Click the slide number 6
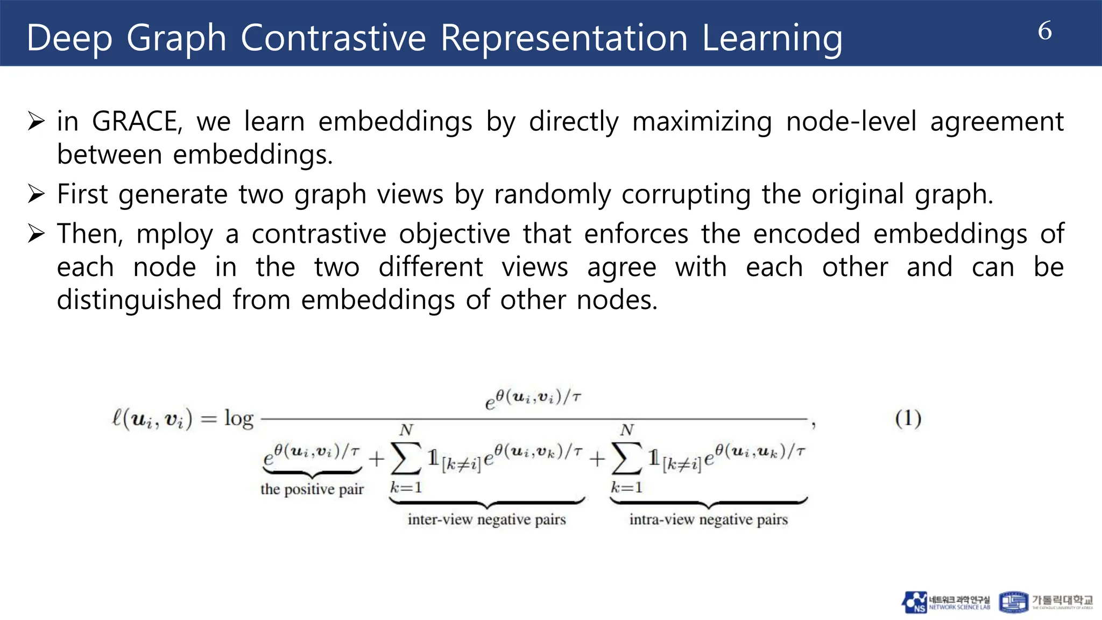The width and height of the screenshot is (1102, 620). coord(1044,31)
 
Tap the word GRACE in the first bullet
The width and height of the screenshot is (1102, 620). coord(137,121)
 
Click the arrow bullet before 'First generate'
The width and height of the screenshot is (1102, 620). coord(36,194)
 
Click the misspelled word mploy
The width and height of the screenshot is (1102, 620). coord(174,234)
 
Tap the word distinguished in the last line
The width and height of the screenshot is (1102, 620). coord(139,299)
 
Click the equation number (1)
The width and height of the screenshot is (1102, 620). coord(908,418)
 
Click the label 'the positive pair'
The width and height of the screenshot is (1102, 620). coord(312,489)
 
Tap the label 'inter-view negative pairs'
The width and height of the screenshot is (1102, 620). coord(486,519)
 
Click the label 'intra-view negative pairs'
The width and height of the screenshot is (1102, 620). coord(708,519)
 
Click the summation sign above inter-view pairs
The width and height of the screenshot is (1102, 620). coord(406,458)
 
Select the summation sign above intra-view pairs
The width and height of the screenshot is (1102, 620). coord(626,458)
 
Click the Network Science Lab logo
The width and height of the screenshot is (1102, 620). coord(945,602)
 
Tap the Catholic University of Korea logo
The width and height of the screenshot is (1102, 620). coord(1046,602)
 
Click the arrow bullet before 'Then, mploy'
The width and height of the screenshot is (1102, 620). coord(36,234)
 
